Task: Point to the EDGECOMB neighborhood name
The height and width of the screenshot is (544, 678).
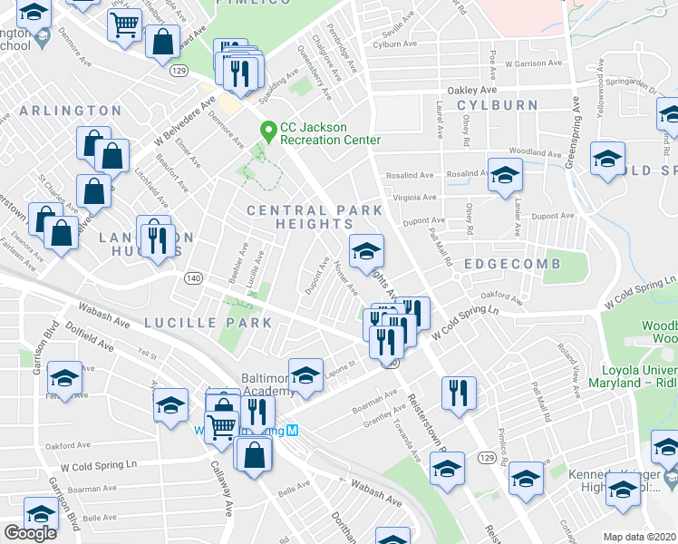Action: [x=511, y=264]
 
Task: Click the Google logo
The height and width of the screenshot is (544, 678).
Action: [x=30, y=533]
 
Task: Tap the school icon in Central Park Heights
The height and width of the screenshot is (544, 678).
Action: [x=365, y=252]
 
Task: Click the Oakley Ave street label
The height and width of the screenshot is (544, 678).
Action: [x=472, y=91]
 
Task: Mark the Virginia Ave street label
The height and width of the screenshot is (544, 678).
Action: [x=414, y=198]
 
